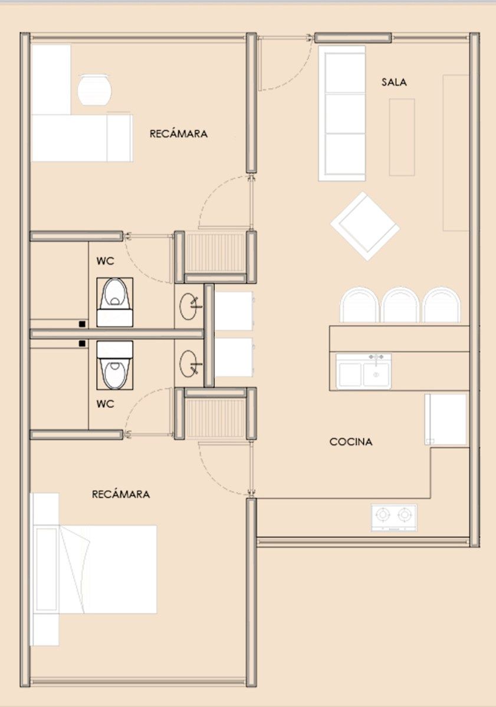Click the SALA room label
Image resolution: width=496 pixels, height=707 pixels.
(393, 82)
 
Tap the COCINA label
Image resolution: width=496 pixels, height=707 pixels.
(351, 442)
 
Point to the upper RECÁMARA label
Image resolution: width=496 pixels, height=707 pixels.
(179, 134)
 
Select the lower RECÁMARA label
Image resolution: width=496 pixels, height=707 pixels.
(121, 494)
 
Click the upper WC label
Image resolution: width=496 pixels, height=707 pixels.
(105, 261)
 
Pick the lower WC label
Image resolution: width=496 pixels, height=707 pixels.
(105, 404)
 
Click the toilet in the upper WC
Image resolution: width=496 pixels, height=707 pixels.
(114, 302)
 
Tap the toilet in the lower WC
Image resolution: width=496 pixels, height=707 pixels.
(114, 365)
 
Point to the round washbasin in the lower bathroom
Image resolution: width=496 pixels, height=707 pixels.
(189, 364)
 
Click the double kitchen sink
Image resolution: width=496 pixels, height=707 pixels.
(364, 372)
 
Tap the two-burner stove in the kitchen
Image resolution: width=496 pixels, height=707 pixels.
(394, 517)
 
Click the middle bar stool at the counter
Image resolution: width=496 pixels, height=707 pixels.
(400, 305)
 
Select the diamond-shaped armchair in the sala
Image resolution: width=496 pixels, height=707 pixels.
(365, 226)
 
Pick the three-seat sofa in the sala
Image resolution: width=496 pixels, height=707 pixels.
(342, 113)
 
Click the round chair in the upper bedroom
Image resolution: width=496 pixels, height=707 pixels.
(94, 90)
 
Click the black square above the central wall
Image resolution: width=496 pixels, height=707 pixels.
(83, 323)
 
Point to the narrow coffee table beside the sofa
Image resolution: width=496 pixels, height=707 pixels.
(402, 137)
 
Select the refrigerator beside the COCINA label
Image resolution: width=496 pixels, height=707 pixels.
(446, 419)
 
